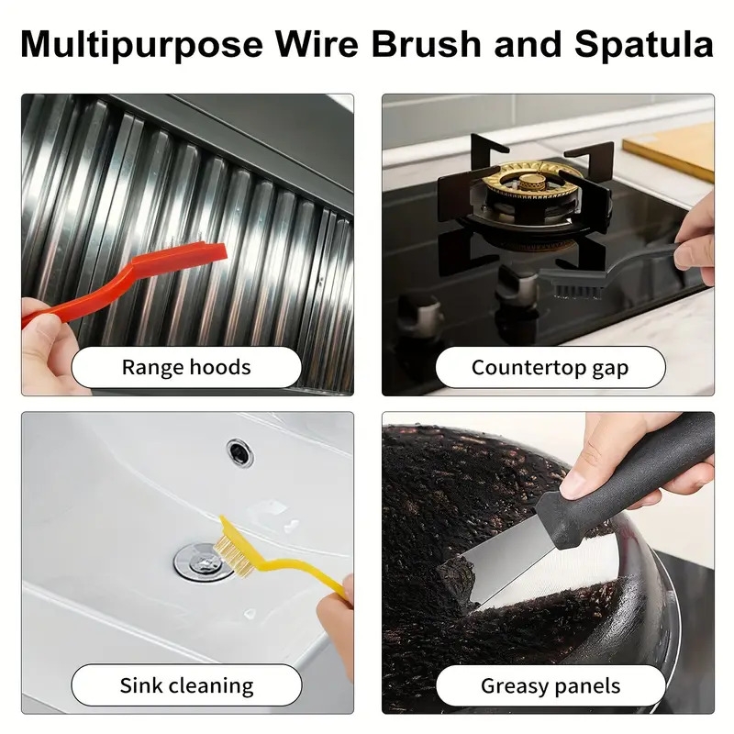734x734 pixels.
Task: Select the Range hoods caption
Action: click(186, 368)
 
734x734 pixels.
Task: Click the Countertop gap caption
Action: click(550, 368)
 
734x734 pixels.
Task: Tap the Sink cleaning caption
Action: click(186, 685)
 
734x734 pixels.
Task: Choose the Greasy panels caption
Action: click(550, 685)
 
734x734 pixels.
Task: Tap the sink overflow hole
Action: click(239, 450)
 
